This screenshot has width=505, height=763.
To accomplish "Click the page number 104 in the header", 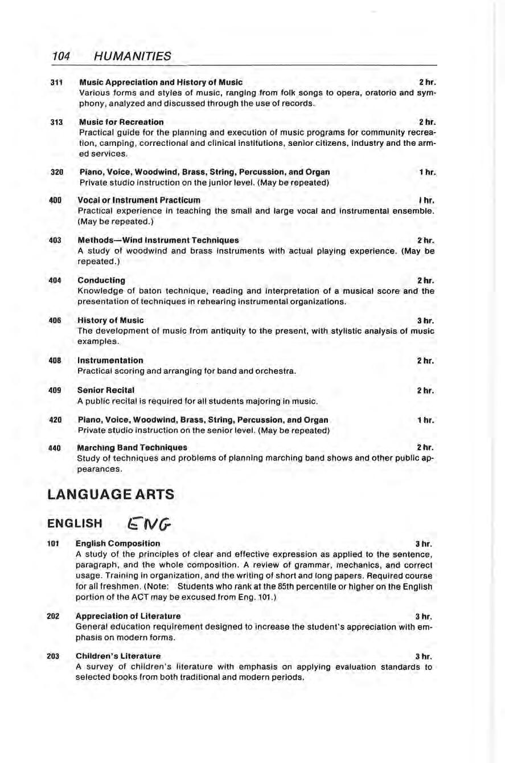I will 60,56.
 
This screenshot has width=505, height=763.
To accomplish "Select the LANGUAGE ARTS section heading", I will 110,495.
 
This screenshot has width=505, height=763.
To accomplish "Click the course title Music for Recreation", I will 121,122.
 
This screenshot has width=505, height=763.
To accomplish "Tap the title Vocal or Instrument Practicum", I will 139,201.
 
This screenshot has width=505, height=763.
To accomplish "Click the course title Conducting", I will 101,280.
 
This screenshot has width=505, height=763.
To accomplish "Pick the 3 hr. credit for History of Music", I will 426,320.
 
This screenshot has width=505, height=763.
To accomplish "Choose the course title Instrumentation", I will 110,360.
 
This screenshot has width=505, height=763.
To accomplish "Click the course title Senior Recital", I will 106,390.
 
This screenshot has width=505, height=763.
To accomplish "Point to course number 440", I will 55,447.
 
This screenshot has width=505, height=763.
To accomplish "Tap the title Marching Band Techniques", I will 132,447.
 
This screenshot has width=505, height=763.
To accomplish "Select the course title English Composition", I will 118,543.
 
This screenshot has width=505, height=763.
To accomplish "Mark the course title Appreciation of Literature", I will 128,616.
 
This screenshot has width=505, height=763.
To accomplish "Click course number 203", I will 53,656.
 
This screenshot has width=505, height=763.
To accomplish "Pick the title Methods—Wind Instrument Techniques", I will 158,240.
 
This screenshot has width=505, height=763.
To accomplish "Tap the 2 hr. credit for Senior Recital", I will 426,390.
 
